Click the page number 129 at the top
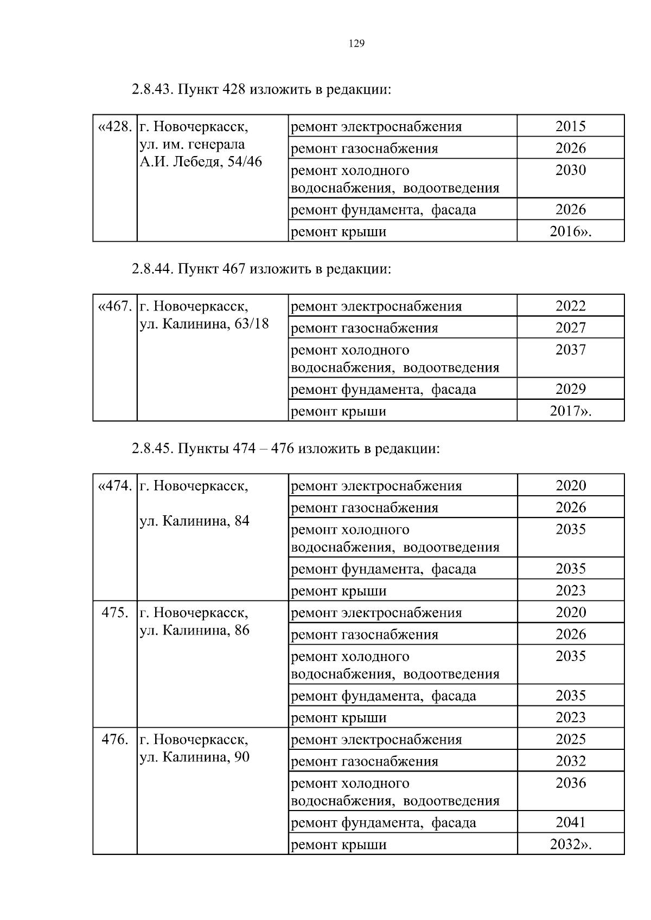[x=356, y=44]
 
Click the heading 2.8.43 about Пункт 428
[x=261, y=89]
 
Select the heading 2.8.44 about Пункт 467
[x=261, y=269]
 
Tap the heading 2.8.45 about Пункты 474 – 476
[x=285, y=449]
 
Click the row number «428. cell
[x=114, y=127]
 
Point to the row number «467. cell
[x=114, y=306]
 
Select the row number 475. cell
[x=115, y=613]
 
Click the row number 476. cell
[x=115, y=740]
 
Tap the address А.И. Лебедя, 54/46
[x=201, y=162]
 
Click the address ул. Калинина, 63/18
[x=204, y=324]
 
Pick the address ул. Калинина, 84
[x=194, y=521]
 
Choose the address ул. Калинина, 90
[x=194, y=757]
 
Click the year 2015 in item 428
[x=571, y=126]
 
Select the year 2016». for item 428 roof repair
[x=571, y=231]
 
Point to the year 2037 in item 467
[x=571, y=349]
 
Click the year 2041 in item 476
[x=571, y=822]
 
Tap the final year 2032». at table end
[x=571, y=844]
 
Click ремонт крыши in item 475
[x=339, y=717]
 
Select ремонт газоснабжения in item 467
[x=365, y=328]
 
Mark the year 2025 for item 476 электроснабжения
[x=571, y=739]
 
